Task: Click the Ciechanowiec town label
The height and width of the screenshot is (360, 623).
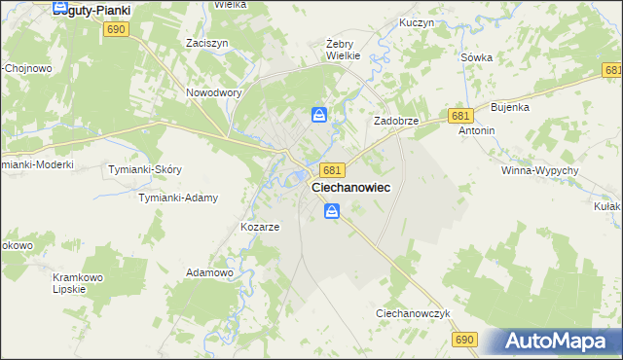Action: coord(351,188)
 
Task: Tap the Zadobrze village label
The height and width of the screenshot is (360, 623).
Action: coord(396,121)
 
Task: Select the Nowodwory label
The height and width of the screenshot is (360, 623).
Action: coord(213,93)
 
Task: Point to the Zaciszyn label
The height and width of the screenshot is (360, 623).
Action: coord(206,44)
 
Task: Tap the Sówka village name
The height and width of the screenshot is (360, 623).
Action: coord(477,57)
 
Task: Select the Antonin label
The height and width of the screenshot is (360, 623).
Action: coord(477,130)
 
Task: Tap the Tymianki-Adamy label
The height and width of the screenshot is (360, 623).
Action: coord(177,198)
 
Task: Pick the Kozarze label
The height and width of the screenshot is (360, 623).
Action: coord(260,227)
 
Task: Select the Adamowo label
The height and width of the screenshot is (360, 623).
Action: coord(209,273)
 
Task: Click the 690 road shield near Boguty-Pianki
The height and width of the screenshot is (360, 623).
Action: coord(115,30)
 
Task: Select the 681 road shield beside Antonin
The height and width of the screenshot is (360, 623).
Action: coord(461,115)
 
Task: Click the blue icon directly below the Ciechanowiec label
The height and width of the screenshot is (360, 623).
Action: coord(332,210)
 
